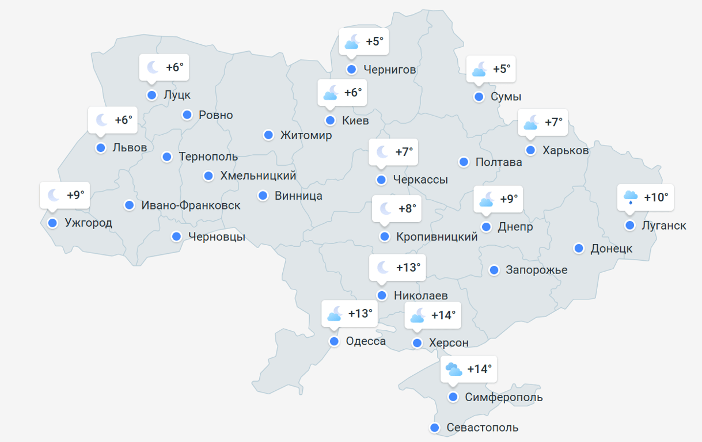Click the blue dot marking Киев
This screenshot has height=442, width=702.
point(330,120)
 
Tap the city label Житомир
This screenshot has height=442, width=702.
point(306,135)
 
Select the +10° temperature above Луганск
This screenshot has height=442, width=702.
point(656,197)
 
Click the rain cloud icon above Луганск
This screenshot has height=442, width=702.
point(631,197)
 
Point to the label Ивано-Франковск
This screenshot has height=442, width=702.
point(191,205)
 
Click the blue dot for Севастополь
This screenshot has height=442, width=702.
point(435,428)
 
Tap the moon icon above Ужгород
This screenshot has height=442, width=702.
point(54,195)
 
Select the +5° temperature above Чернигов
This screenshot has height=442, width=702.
point(374,41)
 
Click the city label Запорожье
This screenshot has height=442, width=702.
point(536,270)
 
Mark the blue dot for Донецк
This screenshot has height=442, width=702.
point(579,248)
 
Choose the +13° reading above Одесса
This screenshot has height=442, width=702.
point(361,314)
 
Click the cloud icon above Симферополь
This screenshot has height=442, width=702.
point(453,369)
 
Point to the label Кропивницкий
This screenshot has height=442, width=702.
point(437,237)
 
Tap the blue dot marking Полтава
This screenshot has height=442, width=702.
point(464,162)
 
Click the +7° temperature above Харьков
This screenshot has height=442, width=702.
point(553,122)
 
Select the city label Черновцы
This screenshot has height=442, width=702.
point(217,237)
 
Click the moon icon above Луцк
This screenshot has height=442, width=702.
point(153,67)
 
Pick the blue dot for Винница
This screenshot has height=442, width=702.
point(263,196)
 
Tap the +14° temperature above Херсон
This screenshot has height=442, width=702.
point(443,315)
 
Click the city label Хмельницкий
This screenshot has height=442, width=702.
point(258,176)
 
